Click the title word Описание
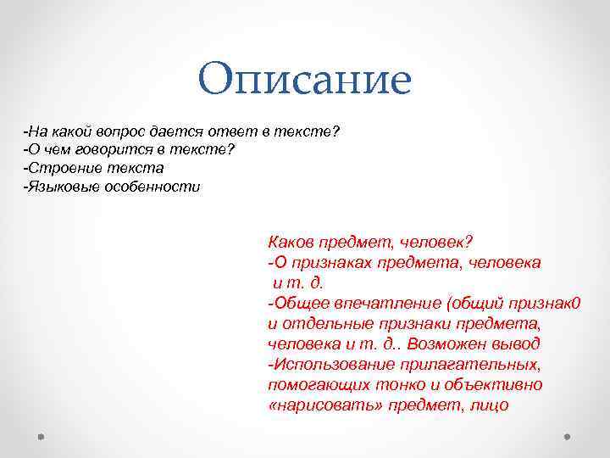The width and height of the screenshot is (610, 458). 304,80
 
